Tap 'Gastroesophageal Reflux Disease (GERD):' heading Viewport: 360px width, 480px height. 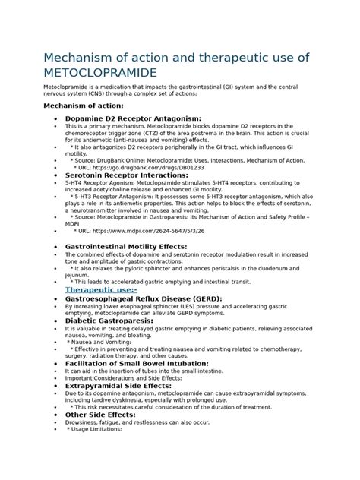(x=144, y=299)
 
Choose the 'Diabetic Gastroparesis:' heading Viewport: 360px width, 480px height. (x=109, y=321)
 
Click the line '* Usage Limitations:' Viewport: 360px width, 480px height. (x=94, y=429)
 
